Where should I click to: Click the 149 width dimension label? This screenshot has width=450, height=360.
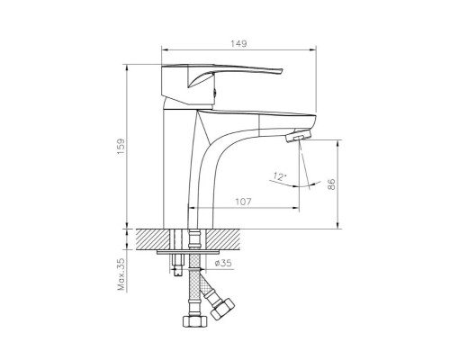pos(238,44)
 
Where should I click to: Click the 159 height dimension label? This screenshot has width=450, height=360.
pos(121,147)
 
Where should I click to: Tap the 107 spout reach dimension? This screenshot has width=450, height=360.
pos(243,202)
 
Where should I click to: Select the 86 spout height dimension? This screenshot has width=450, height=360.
pos(331,184)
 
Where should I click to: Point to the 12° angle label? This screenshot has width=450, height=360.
pos(279,176)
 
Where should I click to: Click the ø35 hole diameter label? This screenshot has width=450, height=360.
pos(223,263)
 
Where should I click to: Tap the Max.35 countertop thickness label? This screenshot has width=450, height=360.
pos(121,274)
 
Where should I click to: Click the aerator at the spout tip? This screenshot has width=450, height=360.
pos(298,136)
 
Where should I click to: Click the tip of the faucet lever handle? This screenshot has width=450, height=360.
pos(282,71)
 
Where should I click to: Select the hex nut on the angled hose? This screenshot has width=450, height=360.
pos(222,309)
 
